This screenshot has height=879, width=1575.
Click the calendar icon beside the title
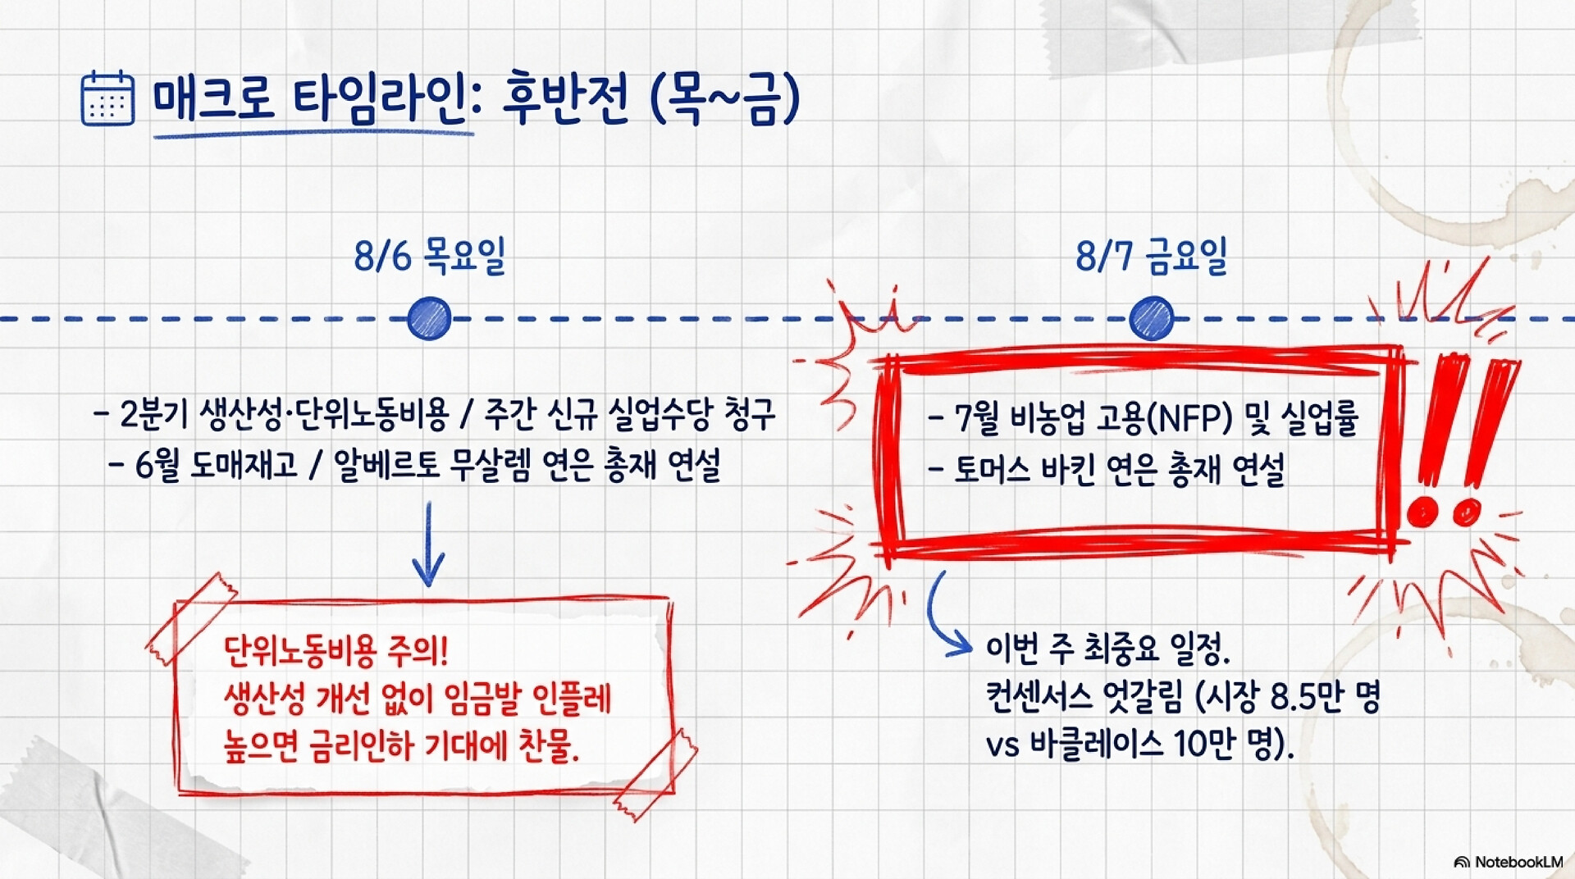pos(107,98)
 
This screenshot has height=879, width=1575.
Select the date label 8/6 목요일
pos(429,256)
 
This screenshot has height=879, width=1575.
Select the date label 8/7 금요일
pos(1151,256)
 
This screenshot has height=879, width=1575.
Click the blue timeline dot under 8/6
pos(429,318)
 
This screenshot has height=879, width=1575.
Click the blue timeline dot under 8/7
pos(1151,318)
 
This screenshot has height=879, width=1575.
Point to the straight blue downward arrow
pos(427,544)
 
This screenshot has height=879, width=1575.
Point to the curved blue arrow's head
pos(960,644)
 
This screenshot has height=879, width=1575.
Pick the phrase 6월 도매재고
pos(216,466)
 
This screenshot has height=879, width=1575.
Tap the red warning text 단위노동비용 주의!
pos(336,652)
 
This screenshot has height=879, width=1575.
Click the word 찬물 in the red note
pos(549,745)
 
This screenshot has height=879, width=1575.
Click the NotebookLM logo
pos(1509,862)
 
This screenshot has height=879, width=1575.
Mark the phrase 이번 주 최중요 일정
pos(1108,649)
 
